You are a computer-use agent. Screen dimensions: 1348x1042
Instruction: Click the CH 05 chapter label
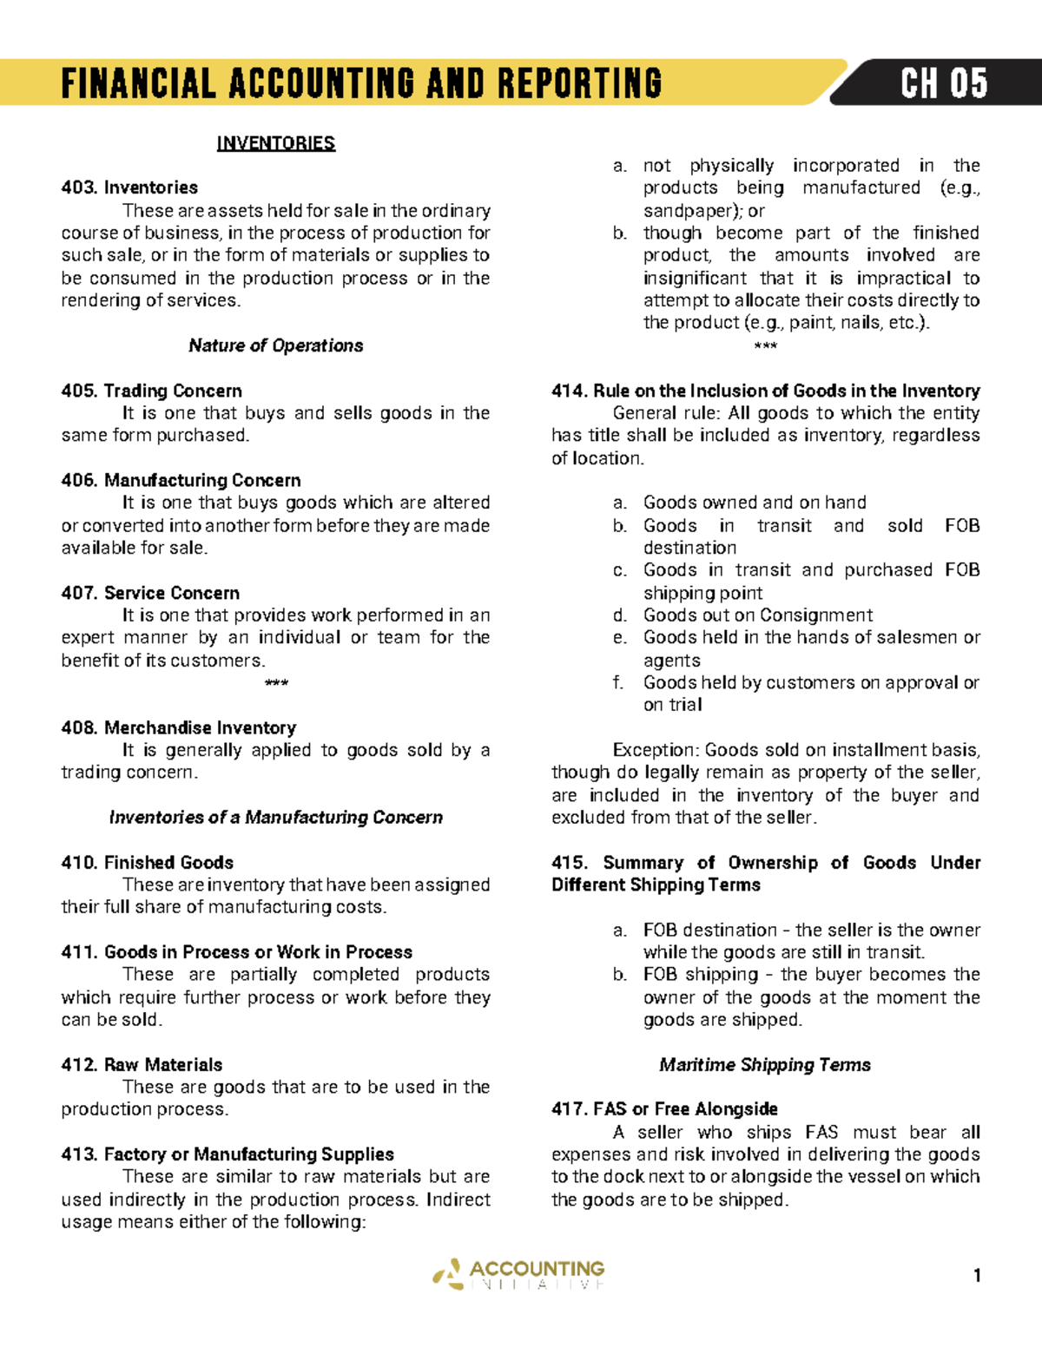tap(943, 84)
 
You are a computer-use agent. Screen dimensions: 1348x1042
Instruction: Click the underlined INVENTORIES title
tap(275, 143)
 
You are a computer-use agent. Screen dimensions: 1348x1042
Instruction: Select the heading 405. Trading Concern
tap(151, 391)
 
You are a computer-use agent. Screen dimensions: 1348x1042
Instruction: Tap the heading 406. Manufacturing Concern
tap(181, 480)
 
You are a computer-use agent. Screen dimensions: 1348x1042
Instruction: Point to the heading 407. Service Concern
tap(150, 593)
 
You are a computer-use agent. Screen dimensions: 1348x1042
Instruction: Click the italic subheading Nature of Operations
tap(275, 345)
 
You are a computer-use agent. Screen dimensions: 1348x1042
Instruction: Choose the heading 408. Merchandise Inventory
tap(178, 727)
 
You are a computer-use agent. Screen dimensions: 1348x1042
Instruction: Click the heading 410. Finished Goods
tap(147, 862)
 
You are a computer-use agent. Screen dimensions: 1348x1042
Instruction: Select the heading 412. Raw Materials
tap(142, 1064)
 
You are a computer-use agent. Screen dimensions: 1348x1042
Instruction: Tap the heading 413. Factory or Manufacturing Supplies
tap(228, 1154)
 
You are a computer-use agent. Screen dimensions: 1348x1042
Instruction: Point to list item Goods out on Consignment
tap(757, 615)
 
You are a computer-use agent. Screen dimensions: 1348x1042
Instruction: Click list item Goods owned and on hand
tap(754, 503)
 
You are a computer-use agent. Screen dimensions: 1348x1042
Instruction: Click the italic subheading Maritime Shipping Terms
tap(764, 1064)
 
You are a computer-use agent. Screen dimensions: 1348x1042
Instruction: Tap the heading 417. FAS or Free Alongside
tap(664, 1108)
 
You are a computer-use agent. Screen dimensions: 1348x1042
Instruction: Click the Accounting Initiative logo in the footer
tap(519, 1274)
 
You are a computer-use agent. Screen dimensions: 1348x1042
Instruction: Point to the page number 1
tap(977, 1275)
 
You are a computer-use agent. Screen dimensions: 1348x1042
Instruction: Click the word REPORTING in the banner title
tap(579, 84)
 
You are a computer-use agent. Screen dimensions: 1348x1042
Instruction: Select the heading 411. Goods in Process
tap(236, 951)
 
